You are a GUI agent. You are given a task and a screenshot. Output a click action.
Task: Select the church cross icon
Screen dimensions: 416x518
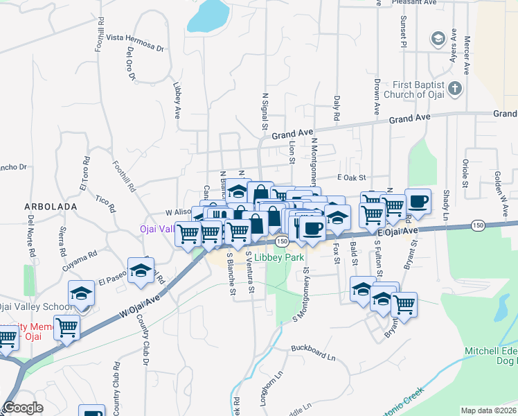pyautogui.click(x=454, y=88)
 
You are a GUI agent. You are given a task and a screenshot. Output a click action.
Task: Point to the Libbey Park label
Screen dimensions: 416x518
pyautogui.click(x=278, y=257)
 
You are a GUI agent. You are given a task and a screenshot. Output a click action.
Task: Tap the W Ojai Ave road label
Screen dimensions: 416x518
pyautogui.click(x=139, y=305)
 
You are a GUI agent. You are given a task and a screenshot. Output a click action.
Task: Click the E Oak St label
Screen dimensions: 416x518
pyautogui.click(x=350, y=178)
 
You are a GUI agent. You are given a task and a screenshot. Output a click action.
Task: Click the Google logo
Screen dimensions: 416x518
pyautogui.click(x=24, y=408)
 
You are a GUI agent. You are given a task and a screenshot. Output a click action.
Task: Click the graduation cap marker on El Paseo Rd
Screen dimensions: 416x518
pyautogui.click(x=141, y=272)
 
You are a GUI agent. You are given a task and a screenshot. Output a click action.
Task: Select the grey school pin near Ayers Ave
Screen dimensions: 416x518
pyautogui.click(x=438, y=39)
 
